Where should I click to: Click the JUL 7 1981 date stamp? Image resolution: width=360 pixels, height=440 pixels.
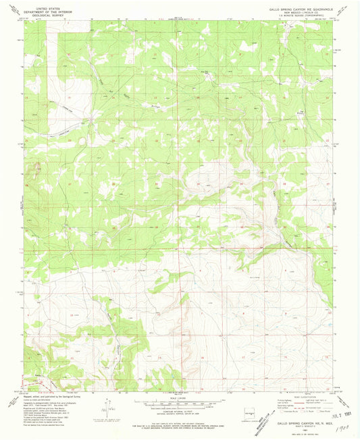click(x=340, y=406)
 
